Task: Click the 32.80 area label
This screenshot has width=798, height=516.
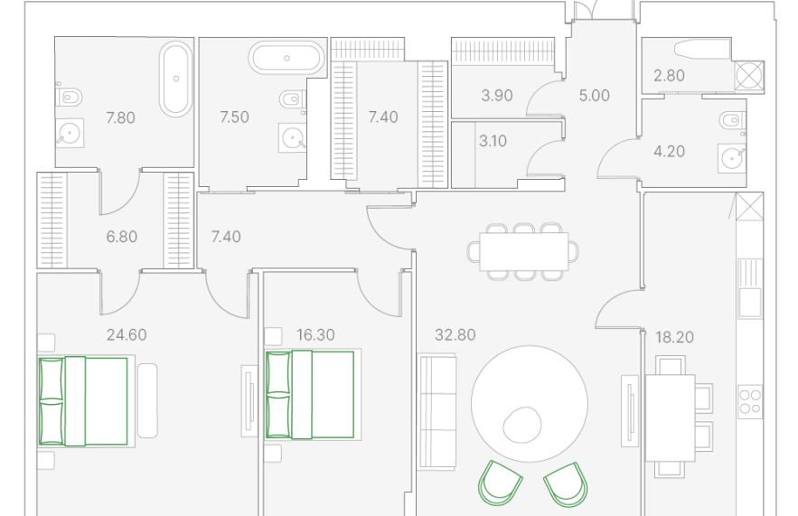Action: pos(455,335)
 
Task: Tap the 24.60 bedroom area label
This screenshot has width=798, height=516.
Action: pos(127,335)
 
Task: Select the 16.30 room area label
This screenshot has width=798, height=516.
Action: pos(315,335)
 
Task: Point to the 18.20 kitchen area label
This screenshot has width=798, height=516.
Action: pos(674,337)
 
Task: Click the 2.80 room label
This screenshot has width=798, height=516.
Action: pos(669,76)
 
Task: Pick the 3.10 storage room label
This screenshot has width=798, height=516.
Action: pos(493,141)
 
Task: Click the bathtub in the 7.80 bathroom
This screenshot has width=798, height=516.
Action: pos(176,79)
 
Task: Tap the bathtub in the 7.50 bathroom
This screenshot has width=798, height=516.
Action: pos(286,58)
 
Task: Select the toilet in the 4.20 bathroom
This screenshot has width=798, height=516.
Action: pos(732,121)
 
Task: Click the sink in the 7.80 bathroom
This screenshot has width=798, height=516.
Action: pos(70,134)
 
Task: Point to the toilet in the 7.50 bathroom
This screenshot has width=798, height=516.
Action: pos(292,99)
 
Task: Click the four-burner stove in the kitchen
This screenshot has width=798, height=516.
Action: pos(750,401)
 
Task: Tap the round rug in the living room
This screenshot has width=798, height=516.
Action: pos(530,404)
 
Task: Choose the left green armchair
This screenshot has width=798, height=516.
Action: pos(500,483)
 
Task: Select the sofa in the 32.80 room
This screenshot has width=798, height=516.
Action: pos(437,411)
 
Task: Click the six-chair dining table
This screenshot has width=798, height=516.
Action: pos(523,251)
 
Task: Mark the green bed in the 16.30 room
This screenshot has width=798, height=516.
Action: pos(310,394)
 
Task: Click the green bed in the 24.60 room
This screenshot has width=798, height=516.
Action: pos(83,401)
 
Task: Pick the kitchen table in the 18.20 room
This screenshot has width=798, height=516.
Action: pos(670,418)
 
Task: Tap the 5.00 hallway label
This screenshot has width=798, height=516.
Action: pos(594,96)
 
